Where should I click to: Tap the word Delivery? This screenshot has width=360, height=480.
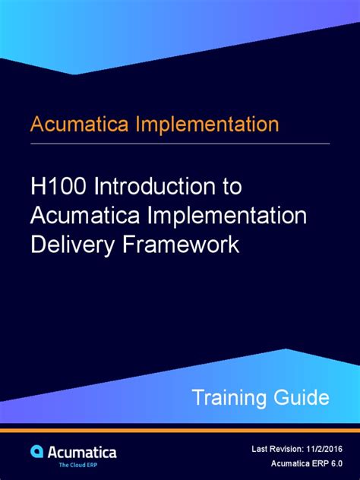click(x=67, y=244)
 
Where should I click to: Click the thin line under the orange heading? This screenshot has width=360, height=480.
click(x=180, y=144)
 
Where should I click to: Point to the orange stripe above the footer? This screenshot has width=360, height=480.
click(x=180, y=430)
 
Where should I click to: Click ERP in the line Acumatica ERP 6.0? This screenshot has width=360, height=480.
click(x=311, y=464)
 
